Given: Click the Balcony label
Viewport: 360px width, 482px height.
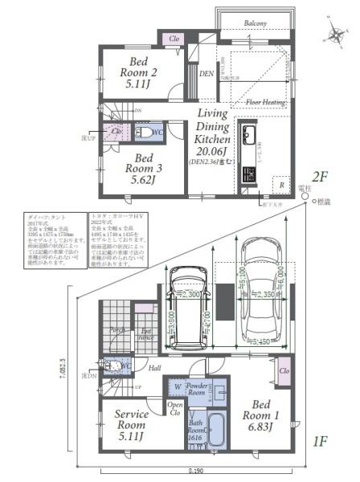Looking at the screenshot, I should [256, 24].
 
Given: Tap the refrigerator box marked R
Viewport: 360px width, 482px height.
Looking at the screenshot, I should [280, 184].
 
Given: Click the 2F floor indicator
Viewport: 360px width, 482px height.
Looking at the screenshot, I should [321, 176].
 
